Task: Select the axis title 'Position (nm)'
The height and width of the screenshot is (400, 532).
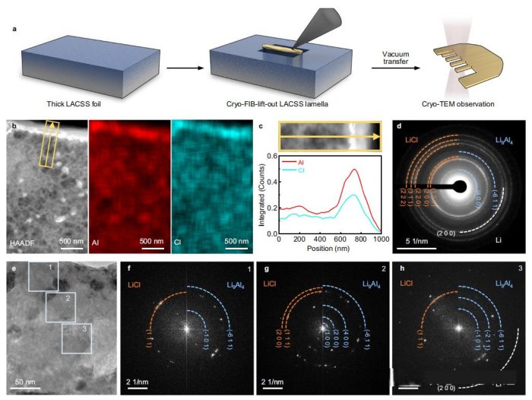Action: tap(328, 248)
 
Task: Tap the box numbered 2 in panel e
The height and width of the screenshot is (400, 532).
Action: tap(61, 307)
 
